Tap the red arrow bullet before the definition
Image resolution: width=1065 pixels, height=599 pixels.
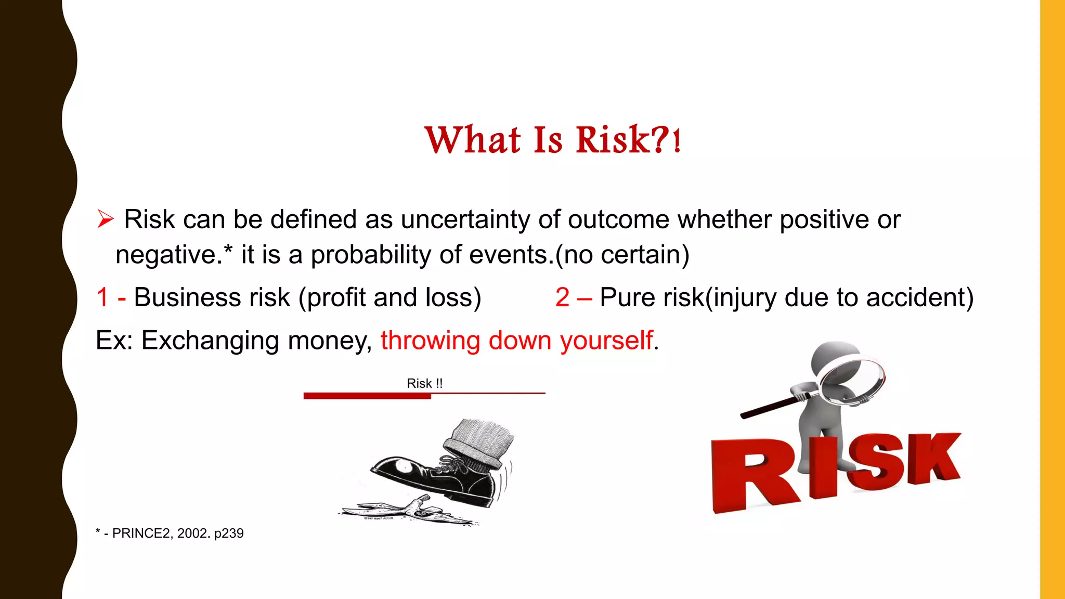click(x=105, y=219)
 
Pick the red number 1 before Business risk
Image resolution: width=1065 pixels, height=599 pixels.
click(x=102, y=297)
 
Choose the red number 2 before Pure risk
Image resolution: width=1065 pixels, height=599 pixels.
click(x=562, y=297)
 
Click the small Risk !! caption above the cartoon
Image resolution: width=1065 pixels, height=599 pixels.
click(x=424, y=383)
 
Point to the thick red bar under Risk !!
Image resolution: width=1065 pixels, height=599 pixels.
click(x=367, y=396)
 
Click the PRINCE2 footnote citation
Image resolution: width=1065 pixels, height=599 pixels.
click(x=170, y=533)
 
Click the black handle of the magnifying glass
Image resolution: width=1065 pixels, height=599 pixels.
click(x=768, y=408)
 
